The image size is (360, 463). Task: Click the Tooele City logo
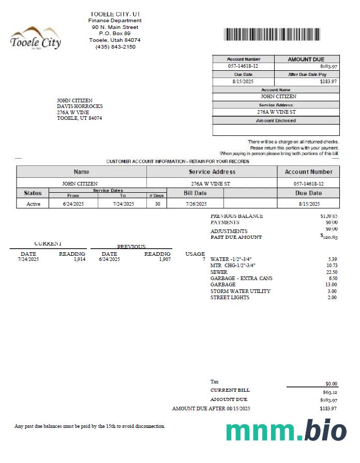[35, 38]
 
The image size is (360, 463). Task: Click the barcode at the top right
[282, 34]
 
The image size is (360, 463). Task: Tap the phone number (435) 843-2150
[115, 47]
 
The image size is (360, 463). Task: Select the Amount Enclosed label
[276, 120]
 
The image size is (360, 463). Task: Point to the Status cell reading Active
[33, 204]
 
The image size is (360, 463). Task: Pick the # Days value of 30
[157, 204]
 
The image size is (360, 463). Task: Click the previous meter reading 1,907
[164, 259]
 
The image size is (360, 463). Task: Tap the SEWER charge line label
[219, 272]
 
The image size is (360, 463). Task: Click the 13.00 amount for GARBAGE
[332, 285]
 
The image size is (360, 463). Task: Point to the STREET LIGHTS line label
[230, 298]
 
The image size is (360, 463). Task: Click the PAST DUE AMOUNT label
[236, 237]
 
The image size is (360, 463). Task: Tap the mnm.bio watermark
[286, 431]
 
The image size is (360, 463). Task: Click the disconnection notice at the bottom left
[89, 426]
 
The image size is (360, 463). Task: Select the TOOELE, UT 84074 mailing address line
[79, 118]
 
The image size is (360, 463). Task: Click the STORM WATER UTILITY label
[240, 291]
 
